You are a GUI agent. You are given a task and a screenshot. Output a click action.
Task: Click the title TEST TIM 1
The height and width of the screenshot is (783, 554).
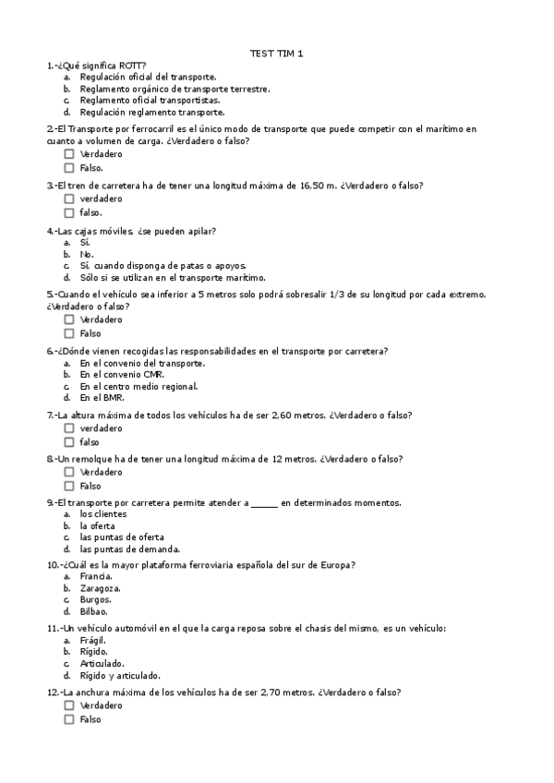[277, 54]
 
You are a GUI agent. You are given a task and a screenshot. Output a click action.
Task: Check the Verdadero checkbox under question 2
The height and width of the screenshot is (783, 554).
[69, 154]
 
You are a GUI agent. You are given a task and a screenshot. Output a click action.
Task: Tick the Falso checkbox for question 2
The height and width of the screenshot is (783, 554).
[69, 168]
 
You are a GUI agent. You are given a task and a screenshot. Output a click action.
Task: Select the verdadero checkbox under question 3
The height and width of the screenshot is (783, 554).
[69, 199]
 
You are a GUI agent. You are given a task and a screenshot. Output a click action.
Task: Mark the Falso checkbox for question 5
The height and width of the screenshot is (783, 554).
[69, 333]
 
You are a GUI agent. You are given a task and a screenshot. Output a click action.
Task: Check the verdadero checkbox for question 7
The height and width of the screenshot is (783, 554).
[69, 428]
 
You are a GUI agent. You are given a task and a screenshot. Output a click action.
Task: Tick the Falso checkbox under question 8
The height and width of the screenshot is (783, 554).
[69, 486]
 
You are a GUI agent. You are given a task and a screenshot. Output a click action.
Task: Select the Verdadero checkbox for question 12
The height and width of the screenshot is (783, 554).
[69, 705]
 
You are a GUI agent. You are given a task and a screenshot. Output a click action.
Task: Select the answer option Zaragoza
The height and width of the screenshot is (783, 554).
[101, 587]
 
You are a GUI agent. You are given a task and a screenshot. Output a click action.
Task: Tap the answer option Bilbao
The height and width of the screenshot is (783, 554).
[94, 610]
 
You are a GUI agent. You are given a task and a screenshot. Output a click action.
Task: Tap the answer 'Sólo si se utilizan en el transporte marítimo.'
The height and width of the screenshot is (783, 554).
[173, 277]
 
